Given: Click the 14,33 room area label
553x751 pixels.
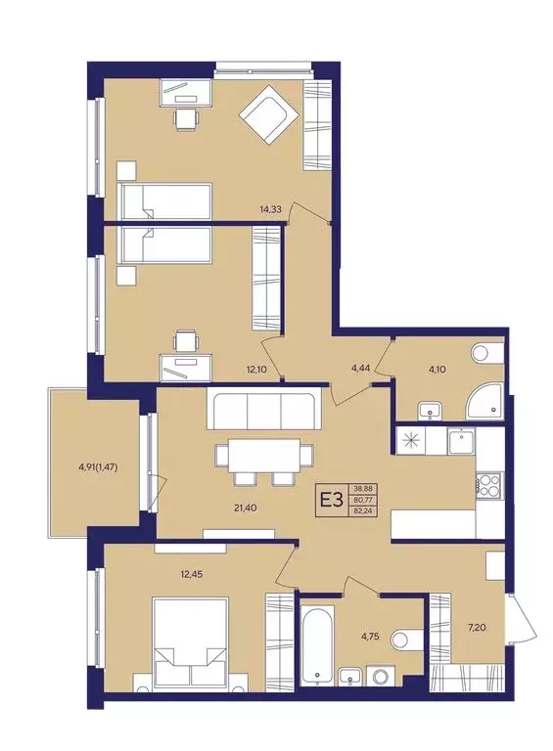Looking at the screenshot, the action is pos(269,209).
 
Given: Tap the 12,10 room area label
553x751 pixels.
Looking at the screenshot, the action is pos(256,370).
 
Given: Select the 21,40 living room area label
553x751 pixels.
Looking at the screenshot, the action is pos(248,508).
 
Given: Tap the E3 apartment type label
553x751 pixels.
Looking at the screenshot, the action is pos(332,501).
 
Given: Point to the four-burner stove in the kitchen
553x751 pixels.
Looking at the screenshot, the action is pos(488,485).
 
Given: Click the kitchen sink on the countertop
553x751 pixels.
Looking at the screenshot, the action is pos(461,442).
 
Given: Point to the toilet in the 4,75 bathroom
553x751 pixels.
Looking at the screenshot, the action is pos(406,640).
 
